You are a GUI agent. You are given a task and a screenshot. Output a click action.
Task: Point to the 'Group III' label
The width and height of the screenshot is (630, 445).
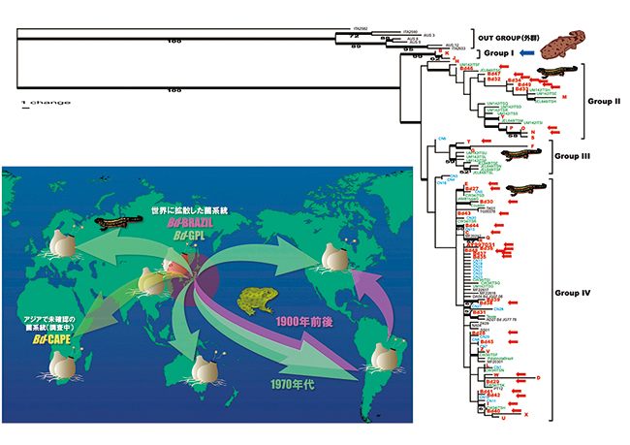[573, 154]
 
